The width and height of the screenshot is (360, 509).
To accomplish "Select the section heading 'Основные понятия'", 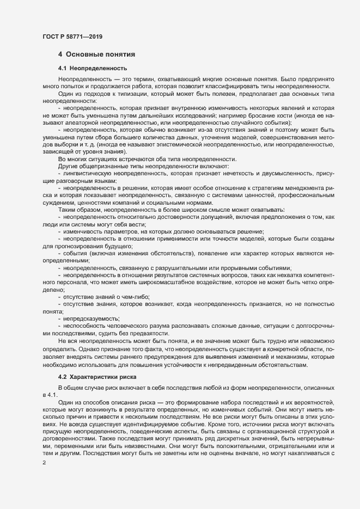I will point(101,54).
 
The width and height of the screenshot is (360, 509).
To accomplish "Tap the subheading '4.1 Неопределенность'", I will point(92,69).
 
